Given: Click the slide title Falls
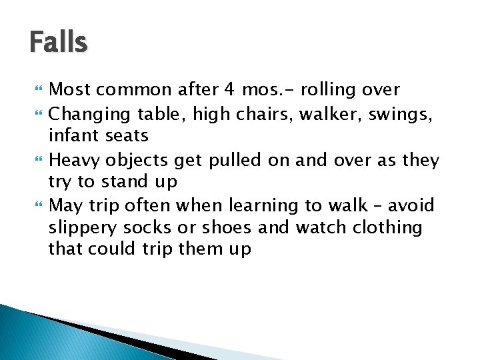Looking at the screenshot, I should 59,43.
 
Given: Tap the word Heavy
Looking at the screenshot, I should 75,161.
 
